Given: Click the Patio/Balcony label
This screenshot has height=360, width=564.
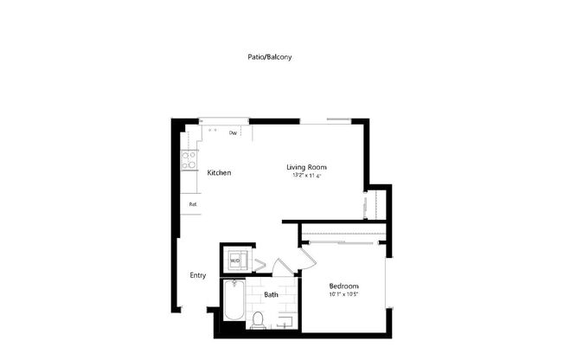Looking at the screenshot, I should tap(270, 57).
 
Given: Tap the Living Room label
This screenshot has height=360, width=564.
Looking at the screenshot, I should tap(306, 167).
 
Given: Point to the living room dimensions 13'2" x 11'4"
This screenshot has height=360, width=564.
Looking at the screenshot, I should tap(306, 176).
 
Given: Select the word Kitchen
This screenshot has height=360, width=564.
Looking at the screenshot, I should tap(219, 173).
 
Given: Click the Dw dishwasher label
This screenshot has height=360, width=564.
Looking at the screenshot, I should tap(234, 133).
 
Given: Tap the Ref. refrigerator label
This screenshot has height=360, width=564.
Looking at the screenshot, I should tap(194, 204).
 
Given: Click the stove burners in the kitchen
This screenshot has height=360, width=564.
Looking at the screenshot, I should tap(188, 160).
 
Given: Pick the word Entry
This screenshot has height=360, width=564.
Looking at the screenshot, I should tap(198, 275).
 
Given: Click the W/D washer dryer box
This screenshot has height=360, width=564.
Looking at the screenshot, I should tap(234, 260).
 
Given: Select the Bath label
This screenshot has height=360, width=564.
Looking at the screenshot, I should tap(271, 295).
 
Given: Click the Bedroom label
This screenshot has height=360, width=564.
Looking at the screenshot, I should tap(343, 286).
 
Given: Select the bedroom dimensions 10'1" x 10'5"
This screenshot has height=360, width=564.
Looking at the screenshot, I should tap(343, 295).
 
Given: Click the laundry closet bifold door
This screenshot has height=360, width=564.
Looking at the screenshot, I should tap(260, 262).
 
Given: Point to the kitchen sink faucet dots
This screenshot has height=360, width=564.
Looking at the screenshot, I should tap(214, 131).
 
